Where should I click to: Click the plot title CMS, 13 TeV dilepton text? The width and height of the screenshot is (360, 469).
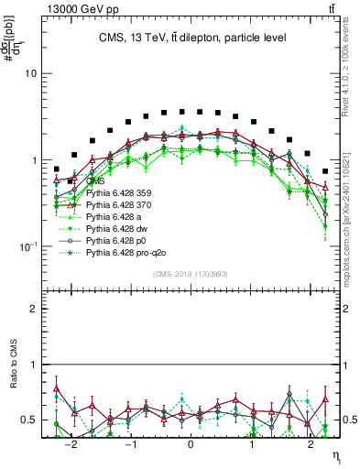click(191, 38)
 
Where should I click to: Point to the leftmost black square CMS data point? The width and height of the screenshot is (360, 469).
click(57, 169)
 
